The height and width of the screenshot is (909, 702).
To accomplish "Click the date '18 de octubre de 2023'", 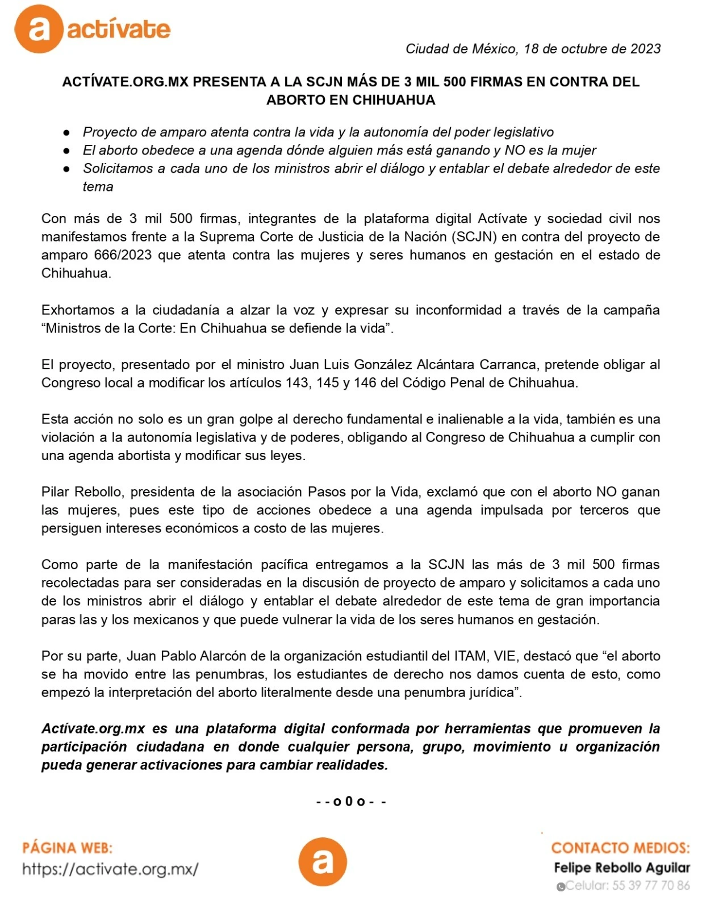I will (x=592, y=49).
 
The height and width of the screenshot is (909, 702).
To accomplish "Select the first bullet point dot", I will (x=66, y=132).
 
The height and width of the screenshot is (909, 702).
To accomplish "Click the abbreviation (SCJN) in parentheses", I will (x=474, y=237).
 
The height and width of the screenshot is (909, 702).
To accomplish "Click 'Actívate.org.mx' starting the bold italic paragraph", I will (x=93, y=729).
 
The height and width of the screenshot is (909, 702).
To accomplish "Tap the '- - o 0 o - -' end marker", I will (x=351, y=802).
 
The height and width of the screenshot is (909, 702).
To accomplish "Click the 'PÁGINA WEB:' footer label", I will (x=67, y=848).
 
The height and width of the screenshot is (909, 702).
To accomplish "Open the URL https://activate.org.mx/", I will (x=110, y=869).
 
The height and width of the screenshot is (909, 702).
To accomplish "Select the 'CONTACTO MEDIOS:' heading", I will (x=620, y=848).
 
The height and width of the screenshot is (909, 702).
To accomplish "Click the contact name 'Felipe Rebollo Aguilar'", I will (x=622, y=868).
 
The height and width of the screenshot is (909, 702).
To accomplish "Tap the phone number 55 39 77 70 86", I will (x=650, y=885).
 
